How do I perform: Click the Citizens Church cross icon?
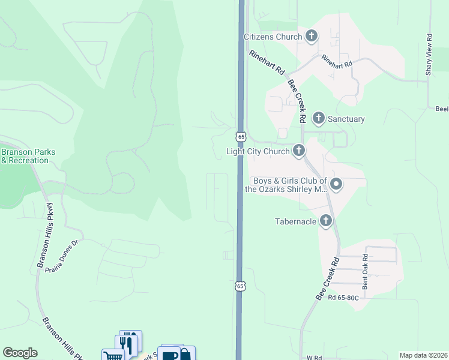[x=311, y=37]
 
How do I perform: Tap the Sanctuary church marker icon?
[x=319, y=118]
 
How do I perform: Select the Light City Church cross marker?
[x=298, y=151]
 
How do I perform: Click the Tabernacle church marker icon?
[x=325, y=221]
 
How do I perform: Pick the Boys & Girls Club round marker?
[x=336, y=184]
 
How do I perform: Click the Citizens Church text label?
[x=273, y=37]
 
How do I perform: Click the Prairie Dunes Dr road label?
[x=62, y=256]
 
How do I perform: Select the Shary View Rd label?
[x=429, y=54]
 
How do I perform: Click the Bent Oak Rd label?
[x=364, y=271]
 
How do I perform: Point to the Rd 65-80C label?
[x=343, y=297]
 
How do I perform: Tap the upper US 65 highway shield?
[x=241, y=137]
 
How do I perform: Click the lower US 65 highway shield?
[x=240, y=286]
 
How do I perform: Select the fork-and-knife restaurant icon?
[x=127, y=344]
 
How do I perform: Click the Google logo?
[x=20, y=353]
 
